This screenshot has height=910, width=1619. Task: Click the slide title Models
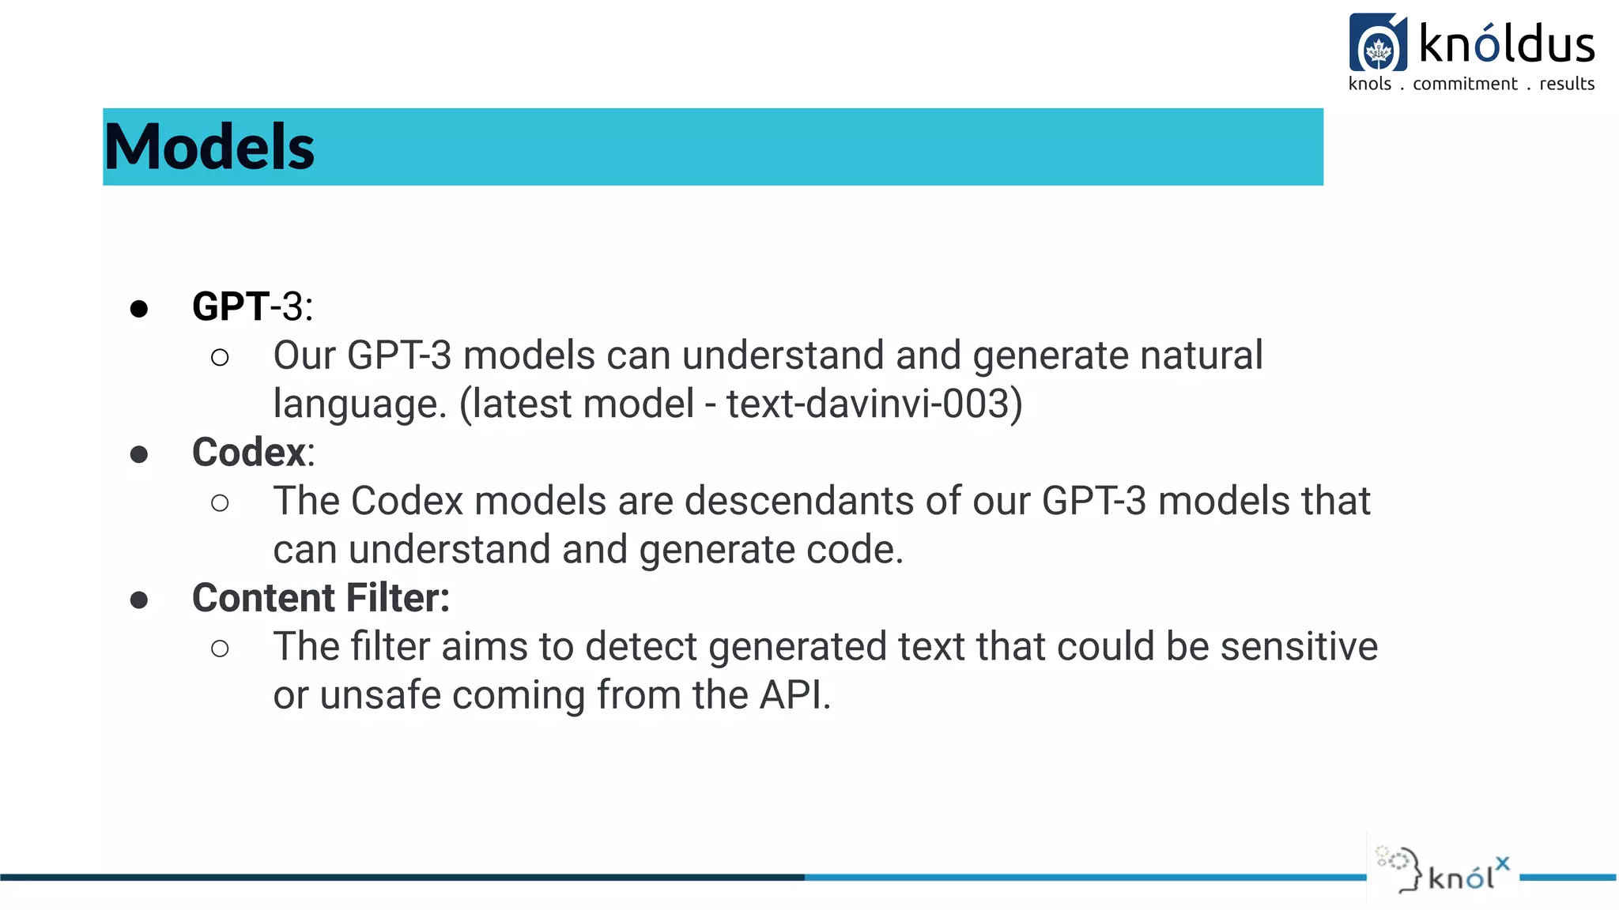point(209,148)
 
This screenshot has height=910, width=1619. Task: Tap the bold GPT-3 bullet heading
point(252,306)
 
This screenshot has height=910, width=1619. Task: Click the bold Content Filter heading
point(320,598)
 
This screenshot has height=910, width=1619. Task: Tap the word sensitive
point(1299,647)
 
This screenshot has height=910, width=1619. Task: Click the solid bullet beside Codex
point(139,454)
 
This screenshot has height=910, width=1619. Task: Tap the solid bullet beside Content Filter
point(139,600)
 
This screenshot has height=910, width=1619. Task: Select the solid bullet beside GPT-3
point(139,309)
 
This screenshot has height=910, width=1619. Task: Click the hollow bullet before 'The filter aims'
point(221,649)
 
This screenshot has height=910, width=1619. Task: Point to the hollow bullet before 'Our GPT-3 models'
point(221,358)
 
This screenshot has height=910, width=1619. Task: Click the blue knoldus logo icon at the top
point(1378,43)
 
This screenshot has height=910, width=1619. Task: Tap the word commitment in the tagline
point(1465,84)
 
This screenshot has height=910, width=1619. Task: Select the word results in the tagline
point(1566,84)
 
